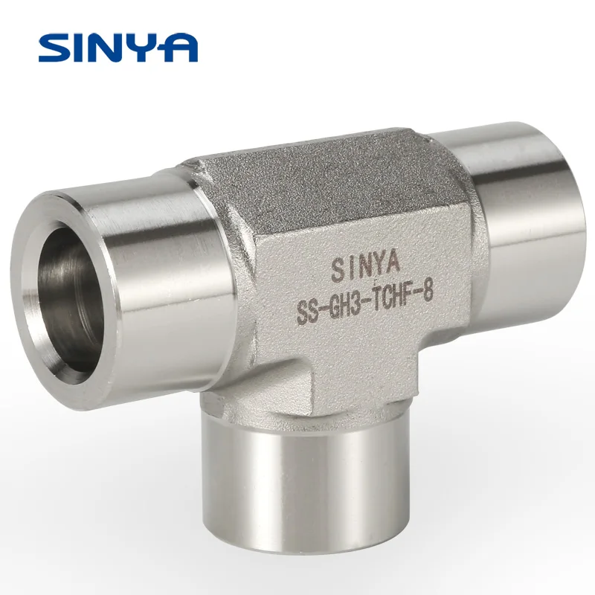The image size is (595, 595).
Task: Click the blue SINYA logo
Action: click(118, 46)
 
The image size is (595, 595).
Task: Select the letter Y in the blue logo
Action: click(146, 46)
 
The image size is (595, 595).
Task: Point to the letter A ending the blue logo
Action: click(181, 46)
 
